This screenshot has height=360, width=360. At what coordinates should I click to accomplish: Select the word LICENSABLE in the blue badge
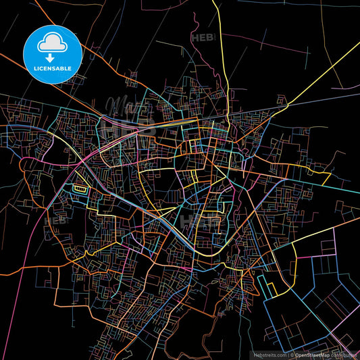(x=52, y=69)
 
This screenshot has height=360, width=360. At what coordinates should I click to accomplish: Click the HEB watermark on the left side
(x=55, y=220)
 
